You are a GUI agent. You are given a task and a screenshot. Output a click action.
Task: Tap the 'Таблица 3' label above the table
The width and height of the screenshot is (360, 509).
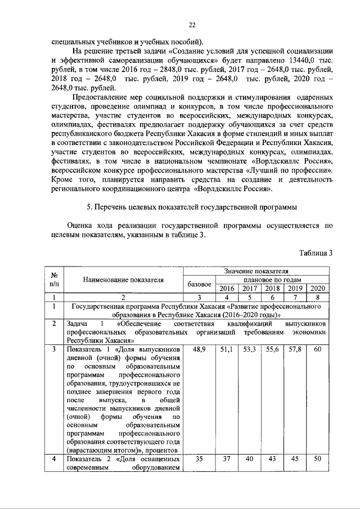[316, 253]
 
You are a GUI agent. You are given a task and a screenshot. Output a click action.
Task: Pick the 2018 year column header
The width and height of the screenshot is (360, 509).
[272, 289]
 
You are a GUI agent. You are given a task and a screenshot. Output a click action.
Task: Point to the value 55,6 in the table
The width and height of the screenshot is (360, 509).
[272, 350]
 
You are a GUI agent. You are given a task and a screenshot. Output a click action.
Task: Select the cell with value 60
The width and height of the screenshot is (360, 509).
[318, 350]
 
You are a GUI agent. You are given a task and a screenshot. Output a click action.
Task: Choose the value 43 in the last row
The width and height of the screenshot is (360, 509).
[272, 459]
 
